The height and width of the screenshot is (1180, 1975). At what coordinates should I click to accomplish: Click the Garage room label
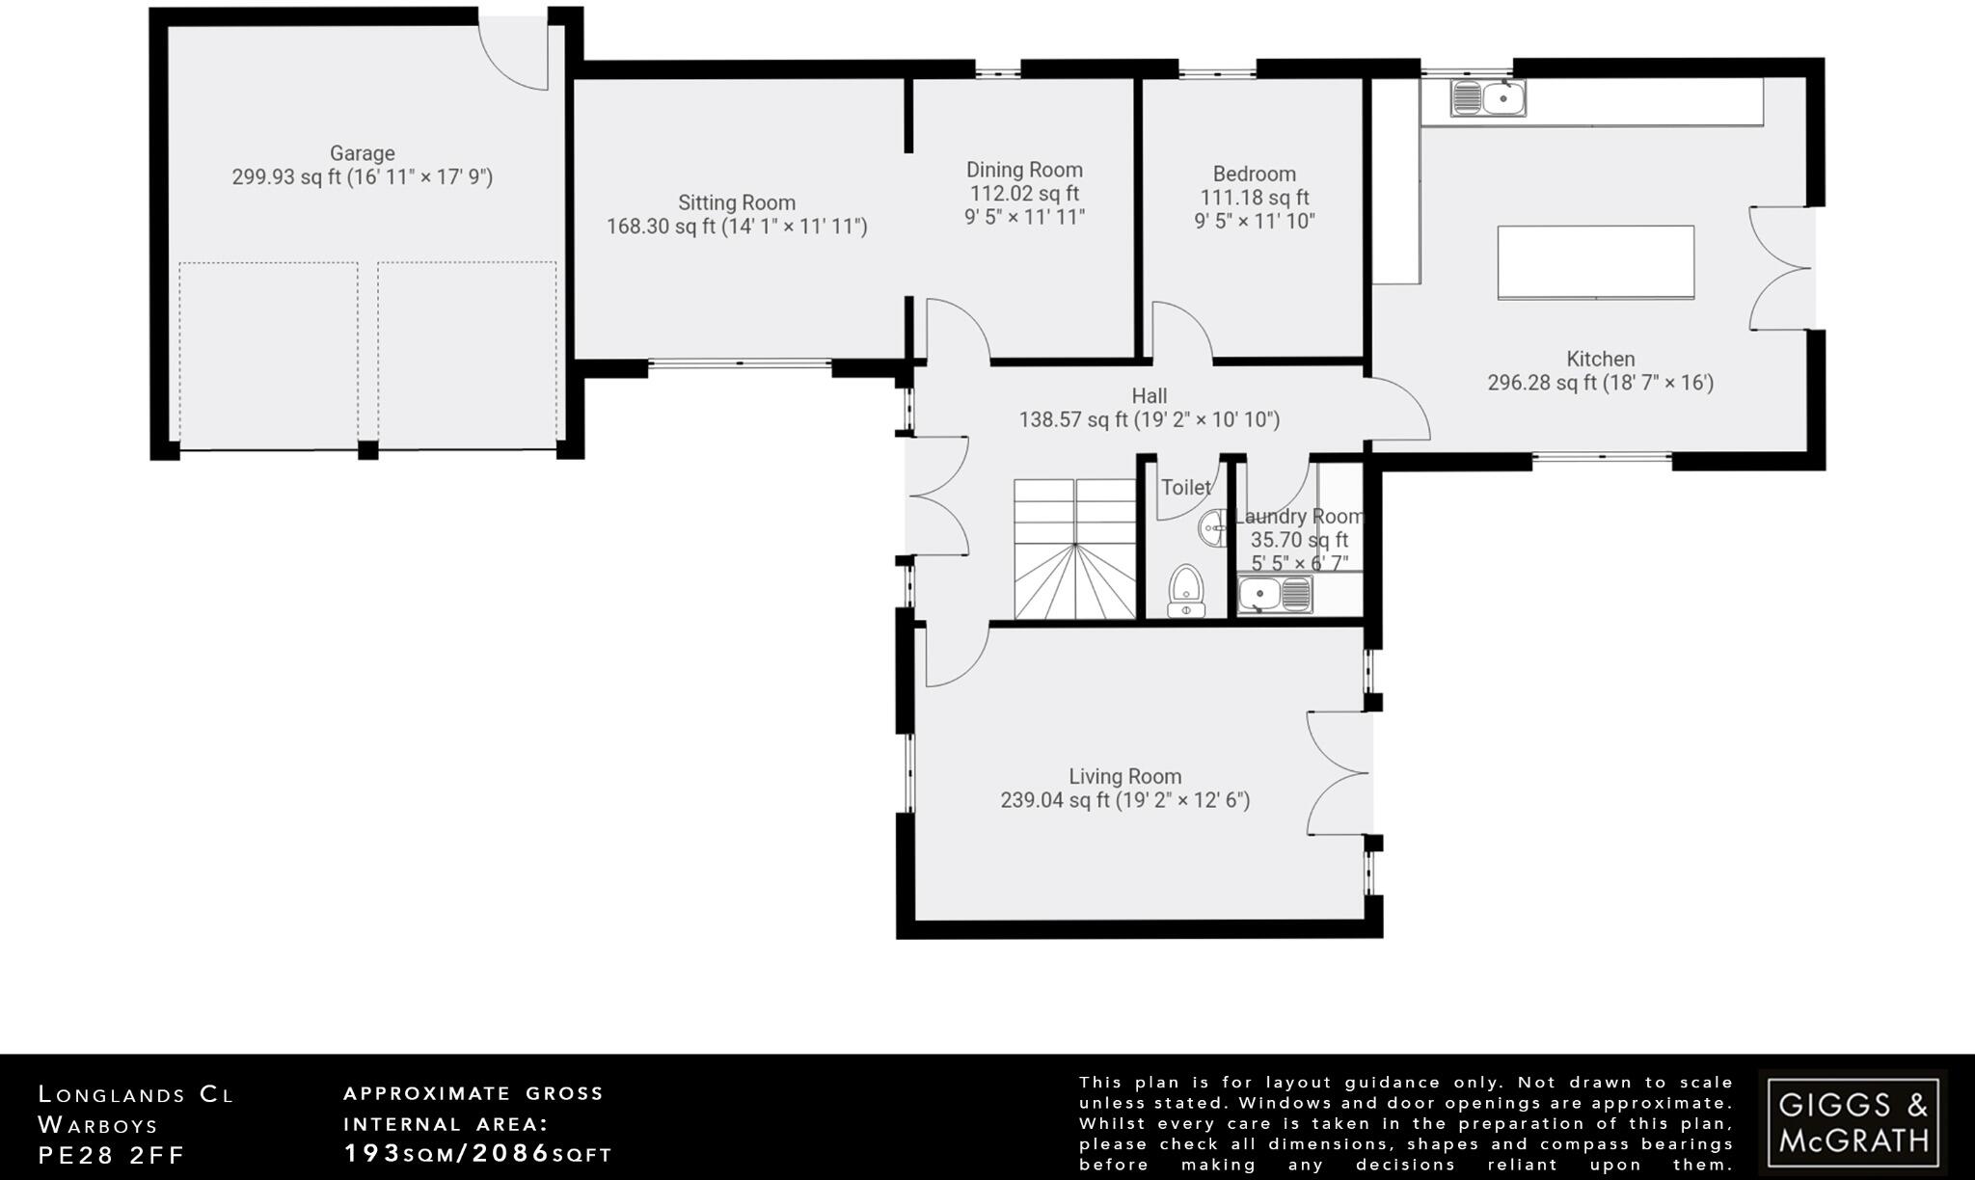[x=363, y=153]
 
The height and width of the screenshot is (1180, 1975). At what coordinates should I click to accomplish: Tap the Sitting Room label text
[x=737, y=202]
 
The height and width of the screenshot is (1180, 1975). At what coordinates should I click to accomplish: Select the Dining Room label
[x=1024, y=170]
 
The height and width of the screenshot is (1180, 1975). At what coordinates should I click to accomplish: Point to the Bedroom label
[x=1254, y=174]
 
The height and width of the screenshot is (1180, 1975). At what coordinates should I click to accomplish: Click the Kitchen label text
[x=1601, y=359]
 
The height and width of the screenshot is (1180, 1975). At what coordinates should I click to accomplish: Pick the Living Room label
[x=1124, y=776]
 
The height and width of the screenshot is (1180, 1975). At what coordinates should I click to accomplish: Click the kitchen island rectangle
[x=1595, y=262]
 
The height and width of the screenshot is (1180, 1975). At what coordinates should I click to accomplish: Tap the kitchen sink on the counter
[x=1488, y=98]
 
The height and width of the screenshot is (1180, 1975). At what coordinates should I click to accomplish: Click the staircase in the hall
[x=1074, y=549]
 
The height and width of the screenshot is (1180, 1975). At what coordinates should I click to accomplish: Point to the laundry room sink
[x=1275, y=595]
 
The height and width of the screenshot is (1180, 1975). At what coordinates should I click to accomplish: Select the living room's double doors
[x=1339, y=772]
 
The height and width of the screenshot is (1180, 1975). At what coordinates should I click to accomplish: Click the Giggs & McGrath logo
[x=1853, y=1120]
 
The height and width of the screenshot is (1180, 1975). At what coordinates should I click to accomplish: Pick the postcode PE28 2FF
[x=112, y=1155]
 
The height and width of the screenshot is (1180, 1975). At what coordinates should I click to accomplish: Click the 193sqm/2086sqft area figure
[x=478, y=1153]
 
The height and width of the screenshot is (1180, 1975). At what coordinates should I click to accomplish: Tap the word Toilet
[x=1186, y=488]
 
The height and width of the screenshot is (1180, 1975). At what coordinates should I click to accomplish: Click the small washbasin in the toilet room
[x=1213, y=527]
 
